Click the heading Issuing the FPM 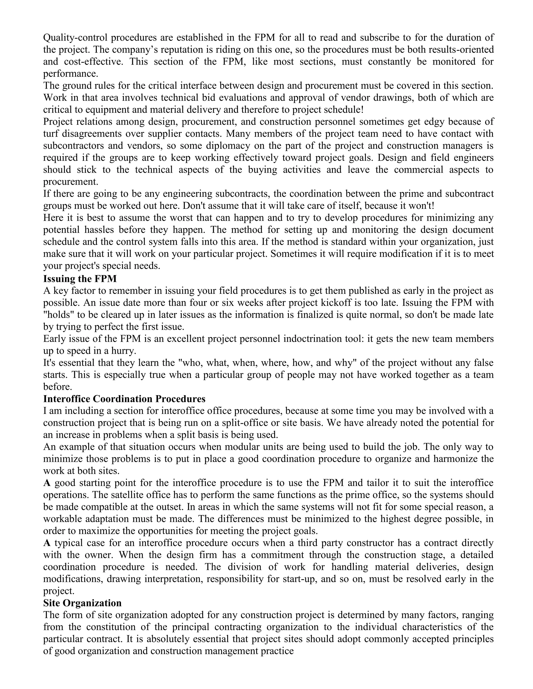point(80,279)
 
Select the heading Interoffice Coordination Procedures point(124,399)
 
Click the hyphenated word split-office point(252,423)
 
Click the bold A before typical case point(47,543)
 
